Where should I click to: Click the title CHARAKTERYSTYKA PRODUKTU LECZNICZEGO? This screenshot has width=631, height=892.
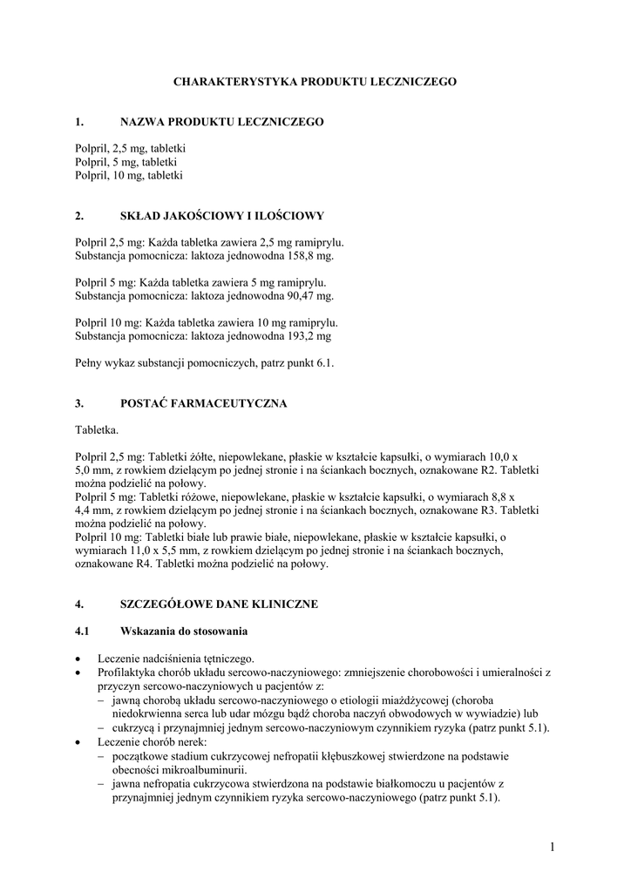point(315,81)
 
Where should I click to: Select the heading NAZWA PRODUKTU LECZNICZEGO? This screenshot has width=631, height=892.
point(221,122)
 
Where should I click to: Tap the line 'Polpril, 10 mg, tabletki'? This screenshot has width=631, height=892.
point(129,175)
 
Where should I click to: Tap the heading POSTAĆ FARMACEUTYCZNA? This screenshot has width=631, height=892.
point(203,403)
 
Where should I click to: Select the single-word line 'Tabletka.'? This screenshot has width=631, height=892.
point(97,429)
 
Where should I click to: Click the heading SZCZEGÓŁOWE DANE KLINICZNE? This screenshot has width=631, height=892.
point(219,604)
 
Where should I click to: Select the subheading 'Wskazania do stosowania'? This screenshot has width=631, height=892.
point(183,631)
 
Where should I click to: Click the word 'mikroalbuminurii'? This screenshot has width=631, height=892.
point(207,769)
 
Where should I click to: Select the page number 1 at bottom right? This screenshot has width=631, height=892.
point(553,846)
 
